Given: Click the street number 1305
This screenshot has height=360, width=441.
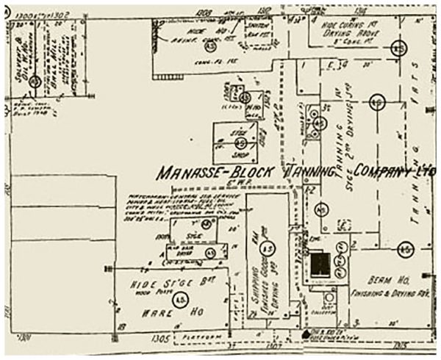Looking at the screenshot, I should pos(162,339).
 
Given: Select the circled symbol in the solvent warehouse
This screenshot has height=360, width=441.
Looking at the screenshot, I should pos(34,82).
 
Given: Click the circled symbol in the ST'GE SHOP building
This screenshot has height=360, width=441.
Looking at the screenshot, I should pos(241,141).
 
